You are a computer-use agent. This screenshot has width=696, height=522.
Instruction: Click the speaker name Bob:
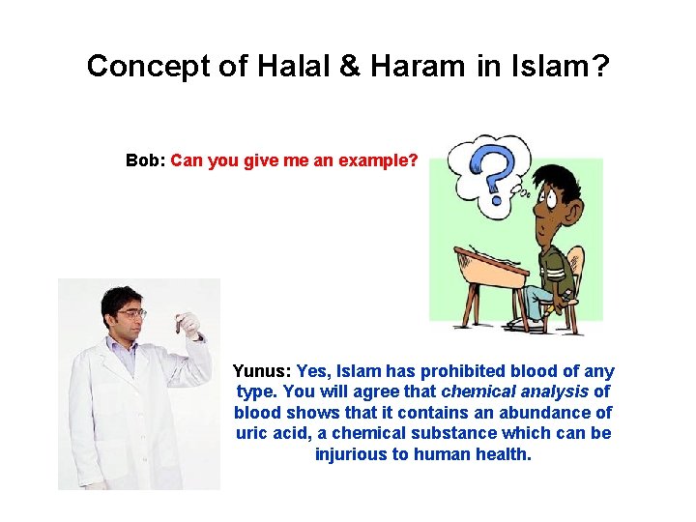point(145,160)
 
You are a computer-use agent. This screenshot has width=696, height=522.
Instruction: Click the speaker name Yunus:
point(261,371)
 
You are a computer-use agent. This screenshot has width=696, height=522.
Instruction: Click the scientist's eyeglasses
point(131,313)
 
